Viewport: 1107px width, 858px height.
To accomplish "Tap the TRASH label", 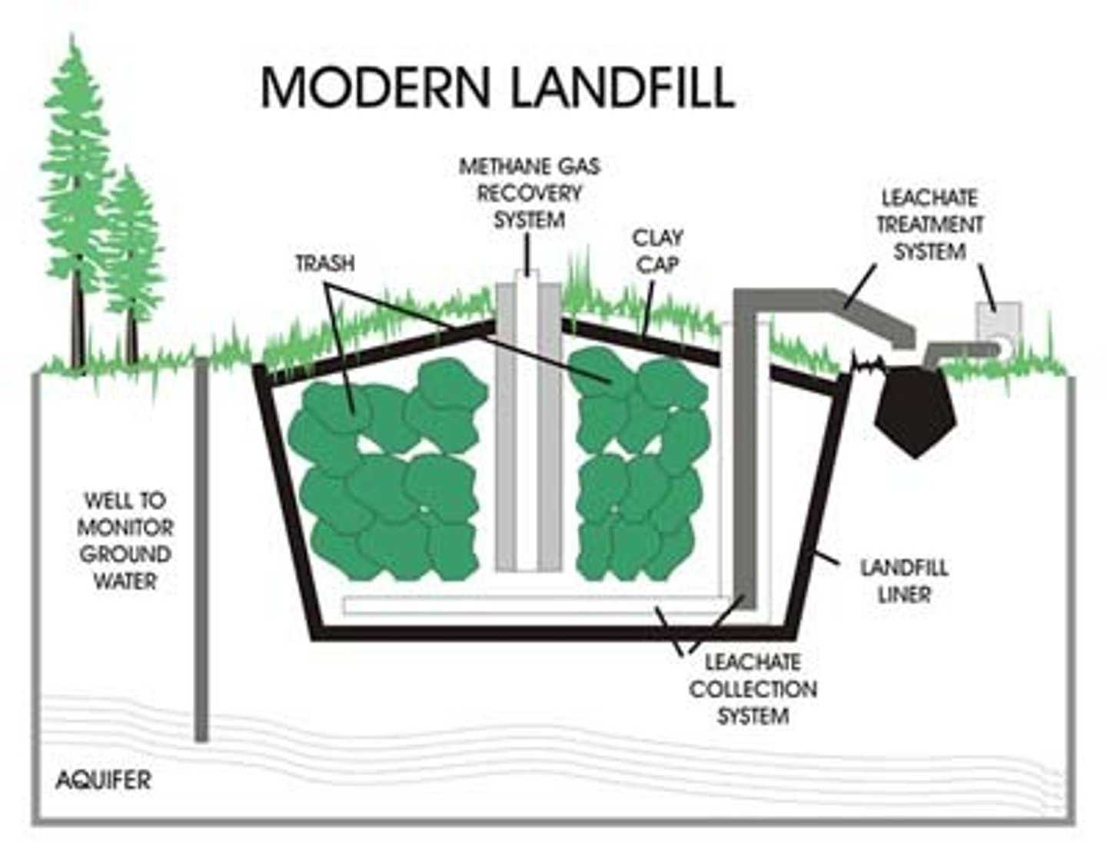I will tap(325, 263).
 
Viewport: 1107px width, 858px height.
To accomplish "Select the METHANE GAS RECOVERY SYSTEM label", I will tap(529, 193).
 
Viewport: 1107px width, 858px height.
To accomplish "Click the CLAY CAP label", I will tap(657, 251).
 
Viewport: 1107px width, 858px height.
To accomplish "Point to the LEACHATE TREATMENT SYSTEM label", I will tap(929, 224).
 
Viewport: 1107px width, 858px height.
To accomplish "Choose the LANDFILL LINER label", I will tap(903, 580).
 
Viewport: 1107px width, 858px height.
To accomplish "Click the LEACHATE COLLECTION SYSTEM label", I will tap(753, 689).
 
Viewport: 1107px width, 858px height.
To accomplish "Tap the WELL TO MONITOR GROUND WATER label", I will tap(125, 540).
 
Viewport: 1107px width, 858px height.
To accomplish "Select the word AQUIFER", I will tap(103, 781).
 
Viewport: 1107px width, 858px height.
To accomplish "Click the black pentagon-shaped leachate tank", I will tap(915, 407).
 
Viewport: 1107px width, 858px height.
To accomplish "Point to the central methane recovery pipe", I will tap(528, 423).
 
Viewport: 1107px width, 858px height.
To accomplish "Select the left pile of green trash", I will tap(384, 469).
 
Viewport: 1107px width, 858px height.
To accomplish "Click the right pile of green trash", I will tap(638, 469).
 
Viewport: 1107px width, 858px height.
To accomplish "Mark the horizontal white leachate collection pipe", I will tap(530, 605).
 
